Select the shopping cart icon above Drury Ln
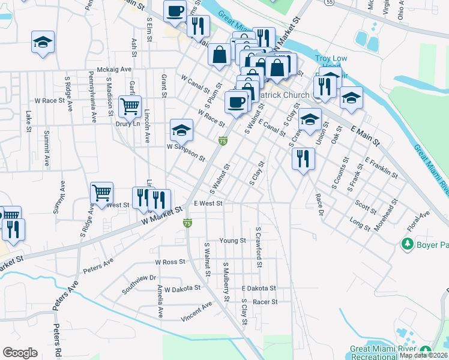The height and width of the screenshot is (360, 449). click(130, 106)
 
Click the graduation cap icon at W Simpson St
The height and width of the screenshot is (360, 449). click(181, 129)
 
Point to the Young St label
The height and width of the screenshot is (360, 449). click(232, 241)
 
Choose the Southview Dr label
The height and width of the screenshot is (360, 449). click(139, 278)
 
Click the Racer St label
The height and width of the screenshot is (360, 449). click(265, 302)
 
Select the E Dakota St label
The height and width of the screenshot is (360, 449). click(258, 289)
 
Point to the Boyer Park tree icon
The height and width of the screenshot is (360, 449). click(408, 244)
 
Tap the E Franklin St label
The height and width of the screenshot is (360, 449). click(382, 167)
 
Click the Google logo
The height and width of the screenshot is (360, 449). click(20, 353)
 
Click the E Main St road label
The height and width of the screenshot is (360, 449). click(362, 133)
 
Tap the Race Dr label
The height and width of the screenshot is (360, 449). click(319, 205)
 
